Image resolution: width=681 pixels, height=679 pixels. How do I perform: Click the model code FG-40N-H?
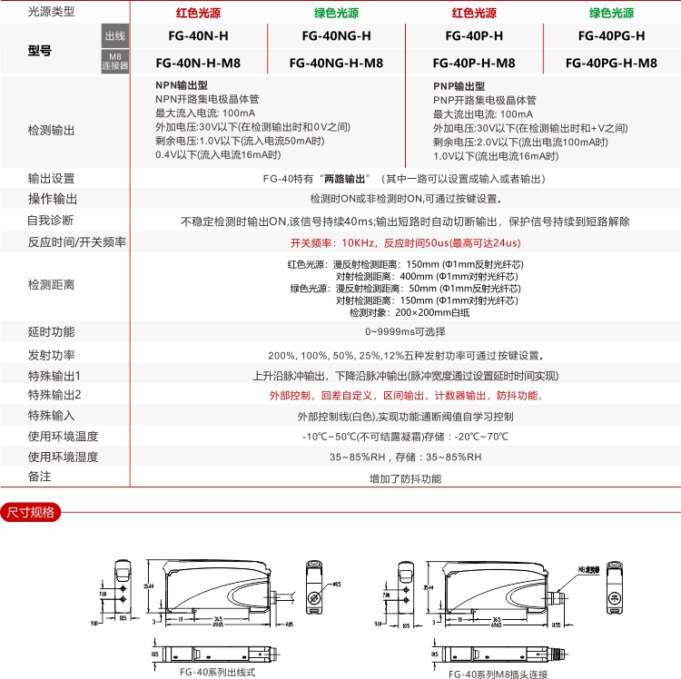click(198, 36)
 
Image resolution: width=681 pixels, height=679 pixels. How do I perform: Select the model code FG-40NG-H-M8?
click(335, 64)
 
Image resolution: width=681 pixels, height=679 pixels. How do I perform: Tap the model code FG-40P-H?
click(474, 36)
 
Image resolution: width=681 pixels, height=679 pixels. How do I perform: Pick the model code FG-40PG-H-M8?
click(611, 64)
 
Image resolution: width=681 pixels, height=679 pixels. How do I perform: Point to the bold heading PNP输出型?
click(459, 85)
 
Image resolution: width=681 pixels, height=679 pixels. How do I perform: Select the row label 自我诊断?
click(51, 221)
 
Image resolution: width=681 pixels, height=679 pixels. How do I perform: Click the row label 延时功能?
click(52, 331)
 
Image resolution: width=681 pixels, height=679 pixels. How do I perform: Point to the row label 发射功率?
click(52, 355)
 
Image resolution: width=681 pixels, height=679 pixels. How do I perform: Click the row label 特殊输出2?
click(54, 395)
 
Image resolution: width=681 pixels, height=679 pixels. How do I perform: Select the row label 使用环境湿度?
click(63, 457)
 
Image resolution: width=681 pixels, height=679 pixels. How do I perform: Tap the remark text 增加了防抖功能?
click(405, 478)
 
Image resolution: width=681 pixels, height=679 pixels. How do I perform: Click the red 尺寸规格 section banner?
click(31, 513)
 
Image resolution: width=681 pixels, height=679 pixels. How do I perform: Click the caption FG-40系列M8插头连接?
click(498, 674)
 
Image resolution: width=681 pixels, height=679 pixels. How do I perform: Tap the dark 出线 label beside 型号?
click(115, 35)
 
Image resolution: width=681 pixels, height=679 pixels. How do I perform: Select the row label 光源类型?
click(52, 13)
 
